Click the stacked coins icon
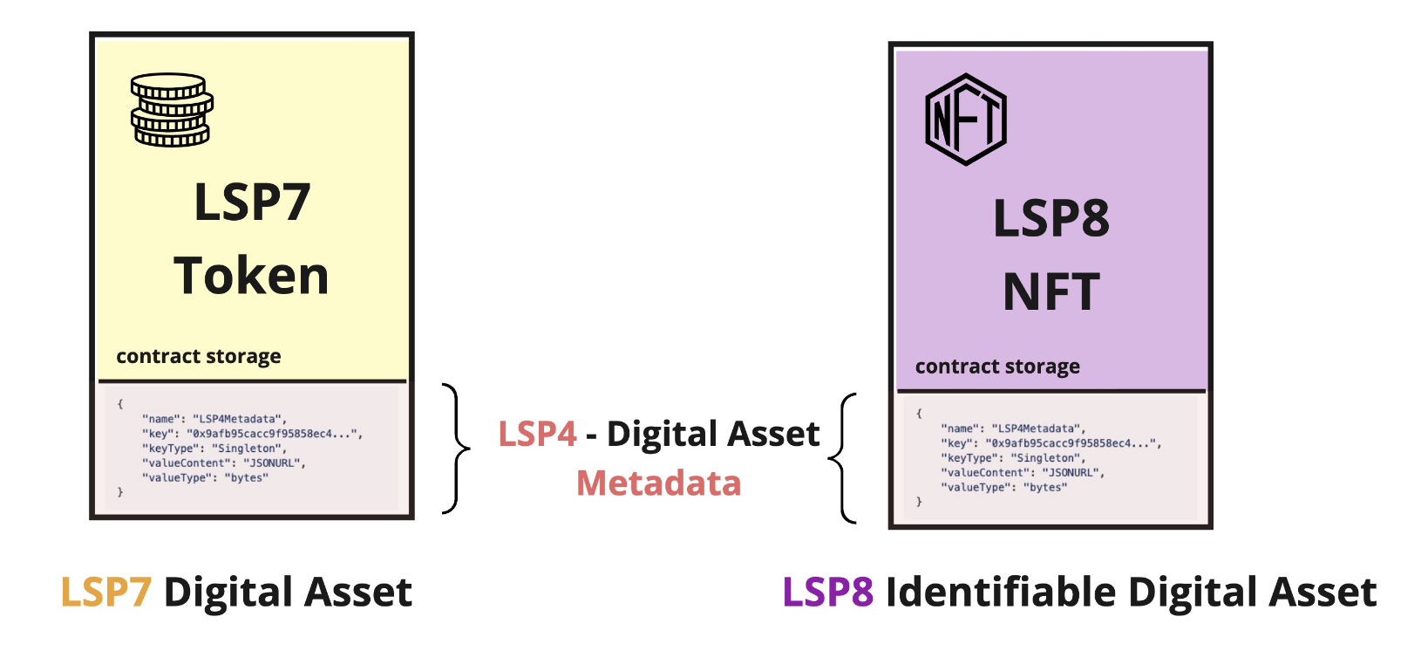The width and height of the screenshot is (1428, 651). (x=172, y=110)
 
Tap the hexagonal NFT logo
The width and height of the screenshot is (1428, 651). (x=966, y=120)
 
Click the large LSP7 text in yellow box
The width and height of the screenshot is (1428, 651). (x=252, y=202)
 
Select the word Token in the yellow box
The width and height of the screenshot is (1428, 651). (x=251, y=276)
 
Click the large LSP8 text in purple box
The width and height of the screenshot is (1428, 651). (x=1051, y=218)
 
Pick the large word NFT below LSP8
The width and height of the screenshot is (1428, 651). (x=1051, y=291)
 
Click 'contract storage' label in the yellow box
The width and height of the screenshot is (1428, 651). (x=199, y=356)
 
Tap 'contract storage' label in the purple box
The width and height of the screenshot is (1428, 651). (x=997, y=367)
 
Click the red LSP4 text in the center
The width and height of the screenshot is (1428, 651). (x=537, y=434)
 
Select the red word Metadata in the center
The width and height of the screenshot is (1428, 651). (x=658, y=483)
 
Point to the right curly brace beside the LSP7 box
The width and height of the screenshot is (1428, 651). (x=456, y=449)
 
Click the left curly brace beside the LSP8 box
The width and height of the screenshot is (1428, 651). (x=842, y=458)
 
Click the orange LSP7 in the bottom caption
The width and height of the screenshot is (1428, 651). (x=106, y=593)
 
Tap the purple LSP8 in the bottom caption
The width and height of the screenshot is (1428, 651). (x=828, y=593)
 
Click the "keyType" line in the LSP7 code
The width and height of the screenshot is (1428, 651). (x=214, y=449)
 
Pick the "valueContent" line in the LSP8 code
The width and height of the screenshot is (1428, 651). (x=1023, y=473)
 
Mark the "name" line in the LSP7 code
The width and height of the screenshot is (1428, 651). (x=214, y=419)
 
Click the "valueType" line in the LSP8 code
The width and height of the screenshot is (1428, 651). (x=1003, y=488)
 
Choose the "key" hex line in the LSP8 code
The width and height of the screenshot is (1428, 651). (x=1051, y=443)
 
